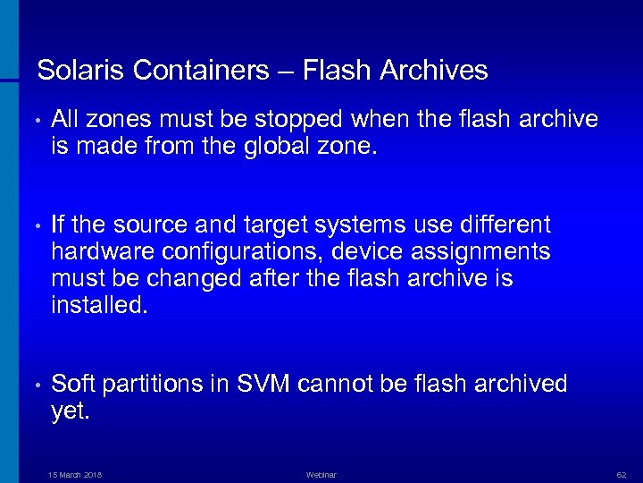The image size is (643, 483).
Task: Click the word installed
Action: [x=97, y=305]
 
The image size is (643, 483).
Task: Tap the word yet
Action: [x=71, y=411]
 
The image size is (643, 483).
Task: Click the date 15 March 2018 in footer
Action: [x=75, y=475]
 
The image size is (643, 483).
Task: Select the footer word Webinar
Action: [x=321, y=475]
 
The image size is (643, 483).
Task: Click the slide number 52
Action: [x=621, y=475]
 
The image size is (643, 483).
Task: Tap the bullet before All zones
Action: [x=30, y=120]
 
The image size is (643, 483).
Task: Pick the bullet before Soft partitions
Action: [x=30, y=385]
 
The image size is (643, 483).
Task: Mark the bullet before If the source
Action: [x=30, y=225]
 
